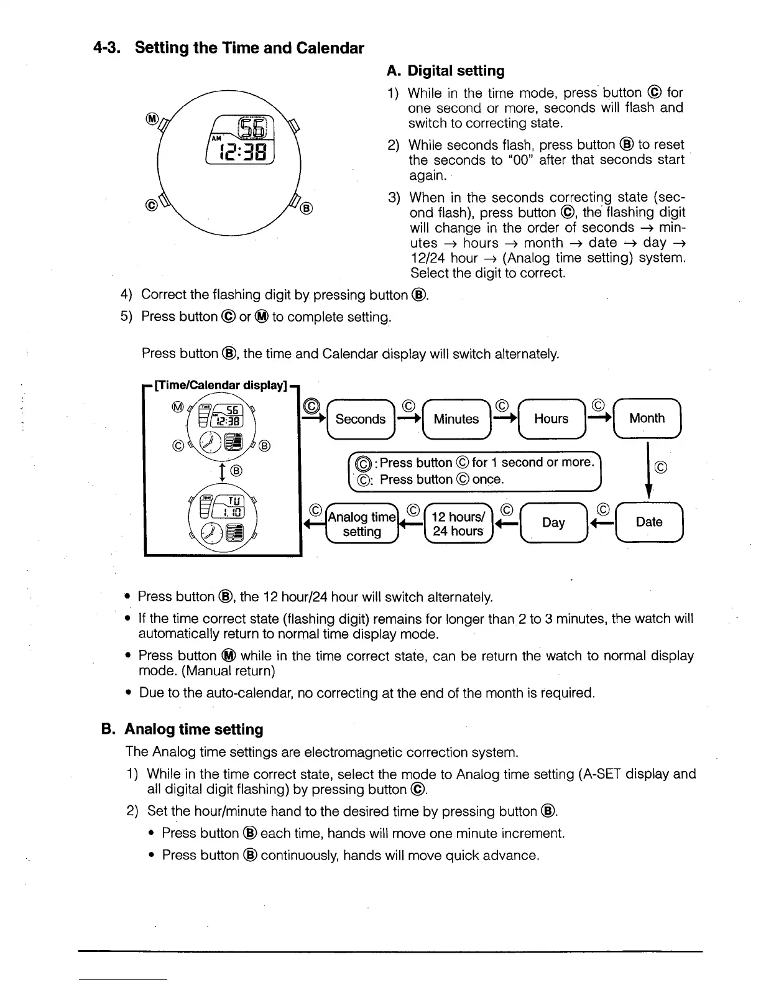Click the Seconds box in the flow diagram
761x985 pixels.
coord(360,419)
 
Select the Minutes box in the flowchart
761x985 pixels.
coord(456,419)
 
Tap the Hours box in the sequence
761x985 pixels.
coord(551,419)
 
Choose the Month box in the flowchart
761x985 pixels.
coord(647,418)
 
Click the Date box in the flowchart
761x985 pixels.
coord(649,522)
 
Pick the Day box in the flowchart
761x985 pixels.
coord(553,522)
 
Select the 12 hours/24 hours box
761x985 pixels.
coord(458,524)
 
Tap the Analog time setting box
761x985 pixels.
coord(362,524)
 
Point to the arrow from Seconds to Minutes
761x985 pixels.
coord(408,419)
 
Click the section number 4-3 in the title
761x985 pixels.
coord(105,48)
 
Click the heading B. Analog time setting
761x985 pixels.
coord(182,729)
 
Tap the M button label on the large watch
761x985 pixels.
coord(150,118)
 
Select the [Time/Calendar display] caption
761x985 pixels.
coord(220,385)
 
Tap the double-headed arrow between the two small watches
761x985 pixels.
coord(222,471)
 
